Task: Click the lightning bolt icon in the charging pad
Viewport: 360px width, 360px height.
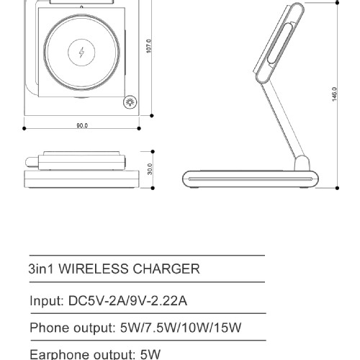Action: click(81, 53)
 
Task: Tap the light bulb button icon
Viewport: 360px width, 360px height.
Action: click(130, 102)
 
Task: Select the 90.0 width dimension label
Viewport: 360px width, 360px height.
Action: click(82, 125)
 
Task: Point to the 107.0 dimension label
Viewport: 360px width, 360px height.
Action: click(149, 46)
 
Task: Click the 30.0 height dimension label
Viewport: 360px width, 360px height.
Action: click(150, 169)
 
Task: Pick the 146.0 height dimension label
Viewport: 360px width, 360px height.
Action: click(335, 94)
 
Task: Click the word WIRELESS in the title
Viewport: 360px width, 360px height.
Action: click(94, 269)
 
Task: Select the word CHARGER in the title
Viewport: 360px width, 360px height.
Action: click(166, 269)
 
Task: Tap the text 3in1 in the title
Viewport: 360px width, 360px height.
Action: click(41, 269)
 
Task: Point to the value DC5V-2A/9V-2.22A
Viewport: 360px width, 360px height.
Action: click(127, 300)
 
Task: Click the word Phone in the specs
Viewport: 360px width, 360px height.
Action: click(50, 328)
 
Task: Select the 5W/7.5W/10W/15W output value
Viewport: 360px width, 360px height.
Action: click(181, 328)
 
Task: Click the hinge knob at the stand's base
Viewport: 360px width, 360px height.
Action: click(302, 163)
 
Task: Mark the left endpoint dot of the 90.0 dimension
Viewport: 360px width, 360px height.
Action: click(24, 129)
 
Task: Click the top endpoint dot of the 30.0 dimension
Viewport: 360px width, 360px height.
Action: click(153, 152)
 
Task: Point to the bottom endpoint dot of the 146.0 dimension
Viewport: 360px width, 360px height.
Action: click(337, 188)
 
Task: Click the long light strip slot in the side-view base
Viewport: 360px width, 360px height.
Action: click(251, 179)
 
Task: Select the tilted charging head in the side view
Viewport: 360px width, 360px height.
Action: click(279, 43)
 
